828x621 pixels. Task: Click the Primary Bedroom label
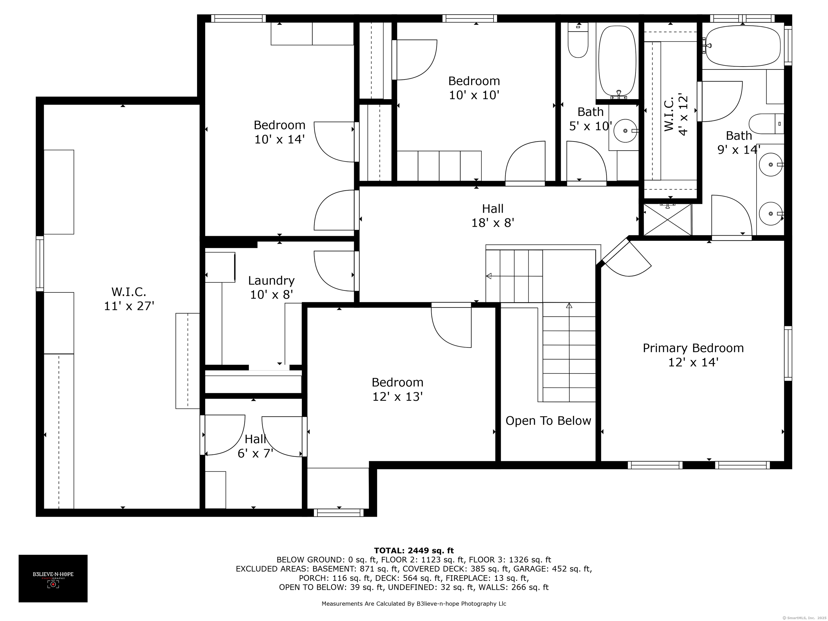point(693,348)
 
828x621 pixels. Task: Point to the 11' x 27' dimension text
point(129,306)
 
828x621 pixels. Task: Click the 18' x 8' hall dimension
point(493,223)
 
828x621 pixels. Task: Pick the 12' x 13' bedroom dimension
point(398,396)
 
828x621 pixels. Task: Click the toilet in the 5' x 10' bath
point(578,40)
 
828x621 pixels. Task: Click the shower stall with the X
point(667,220)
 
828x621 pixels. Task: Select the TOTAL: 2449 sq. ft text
point(414,551)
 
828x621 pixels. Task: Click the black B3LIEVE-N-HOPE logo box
point(53,578)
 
